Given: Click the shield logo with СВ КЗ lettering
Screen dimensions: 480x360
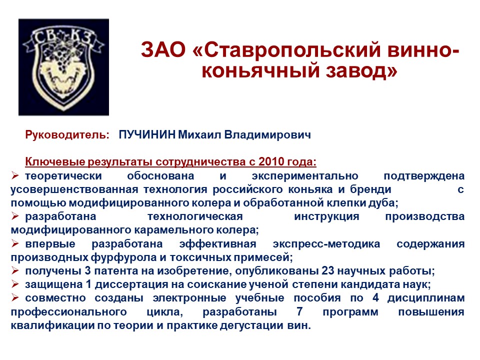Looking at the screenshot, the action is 63,67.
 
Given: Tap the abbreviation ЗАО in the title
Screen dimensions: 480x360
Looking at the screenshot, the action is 163,49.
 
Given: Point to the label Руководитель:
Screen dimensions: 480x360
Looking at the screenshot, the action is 67,135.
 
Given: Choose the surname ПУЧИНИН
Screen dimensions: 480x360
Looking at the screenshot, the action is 147,134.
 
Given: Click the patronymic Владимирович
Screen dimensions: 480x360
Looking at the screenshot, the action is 267,135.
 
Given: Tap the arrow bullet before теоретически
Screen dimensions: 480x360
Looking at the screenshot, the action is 15,175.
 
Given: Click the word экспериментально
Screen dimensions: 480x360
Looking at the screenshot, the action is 305,176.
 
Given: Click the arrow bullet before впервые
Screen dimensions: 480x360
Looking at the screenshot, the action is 15,243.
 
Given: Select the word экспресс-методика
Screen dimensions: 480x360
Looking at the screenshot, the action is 326,244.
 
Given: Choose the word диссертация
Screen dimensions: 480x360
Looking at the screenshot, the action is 131,284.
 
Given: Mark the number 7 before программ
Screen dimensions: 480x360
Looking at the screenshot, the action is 299,311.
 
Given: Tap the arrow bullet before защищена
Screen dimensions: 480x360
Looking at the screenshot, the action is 15,284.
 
